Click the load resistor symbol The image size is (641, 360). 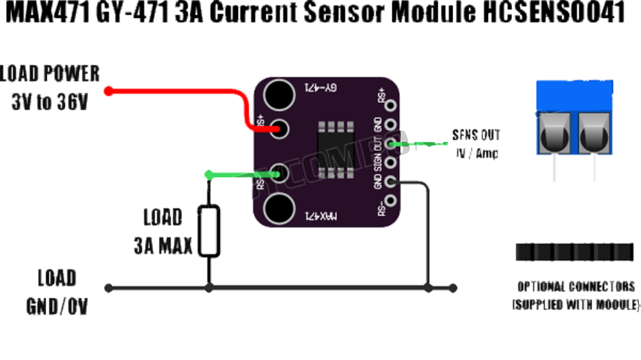[210, 231]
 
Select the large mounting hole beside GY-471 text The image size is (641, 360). [279, 95]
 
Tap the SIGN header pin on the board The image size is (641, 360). [392, 163]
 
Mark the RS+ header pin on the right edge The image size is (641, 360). [392, 104]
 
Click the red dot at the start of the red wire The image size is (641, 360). [109, 91]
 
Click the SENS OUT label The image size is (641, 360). [476, 136]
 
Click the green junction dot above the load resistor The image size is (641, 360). [208, 174]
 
